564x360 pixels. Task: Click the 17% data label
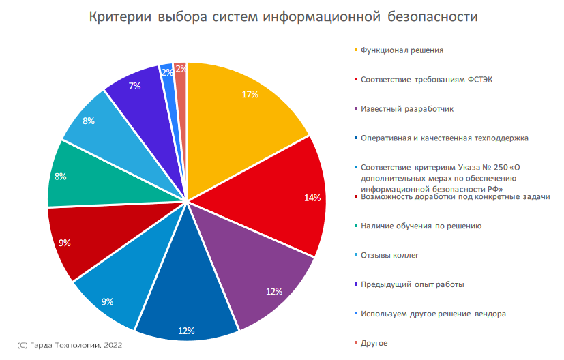click(250, 95)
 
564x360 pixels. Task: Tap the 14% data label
click(312, 198)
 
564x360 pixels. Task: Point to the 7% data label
click(134, 86)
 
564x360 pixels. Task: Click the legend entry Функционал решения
click(402, 50)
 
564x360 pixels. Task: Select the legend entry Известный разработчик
click(407, 108)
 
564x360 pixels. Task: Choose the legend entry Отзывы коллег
click(389, 255)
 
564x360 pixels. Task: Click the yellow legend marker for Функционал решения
click(355, 50)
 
